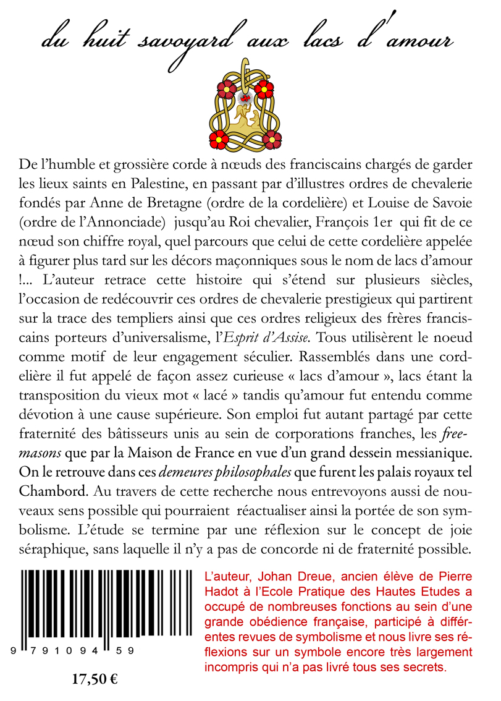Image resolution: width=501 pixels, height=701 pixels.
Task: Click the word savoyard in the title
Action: (x=182, y=41)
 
